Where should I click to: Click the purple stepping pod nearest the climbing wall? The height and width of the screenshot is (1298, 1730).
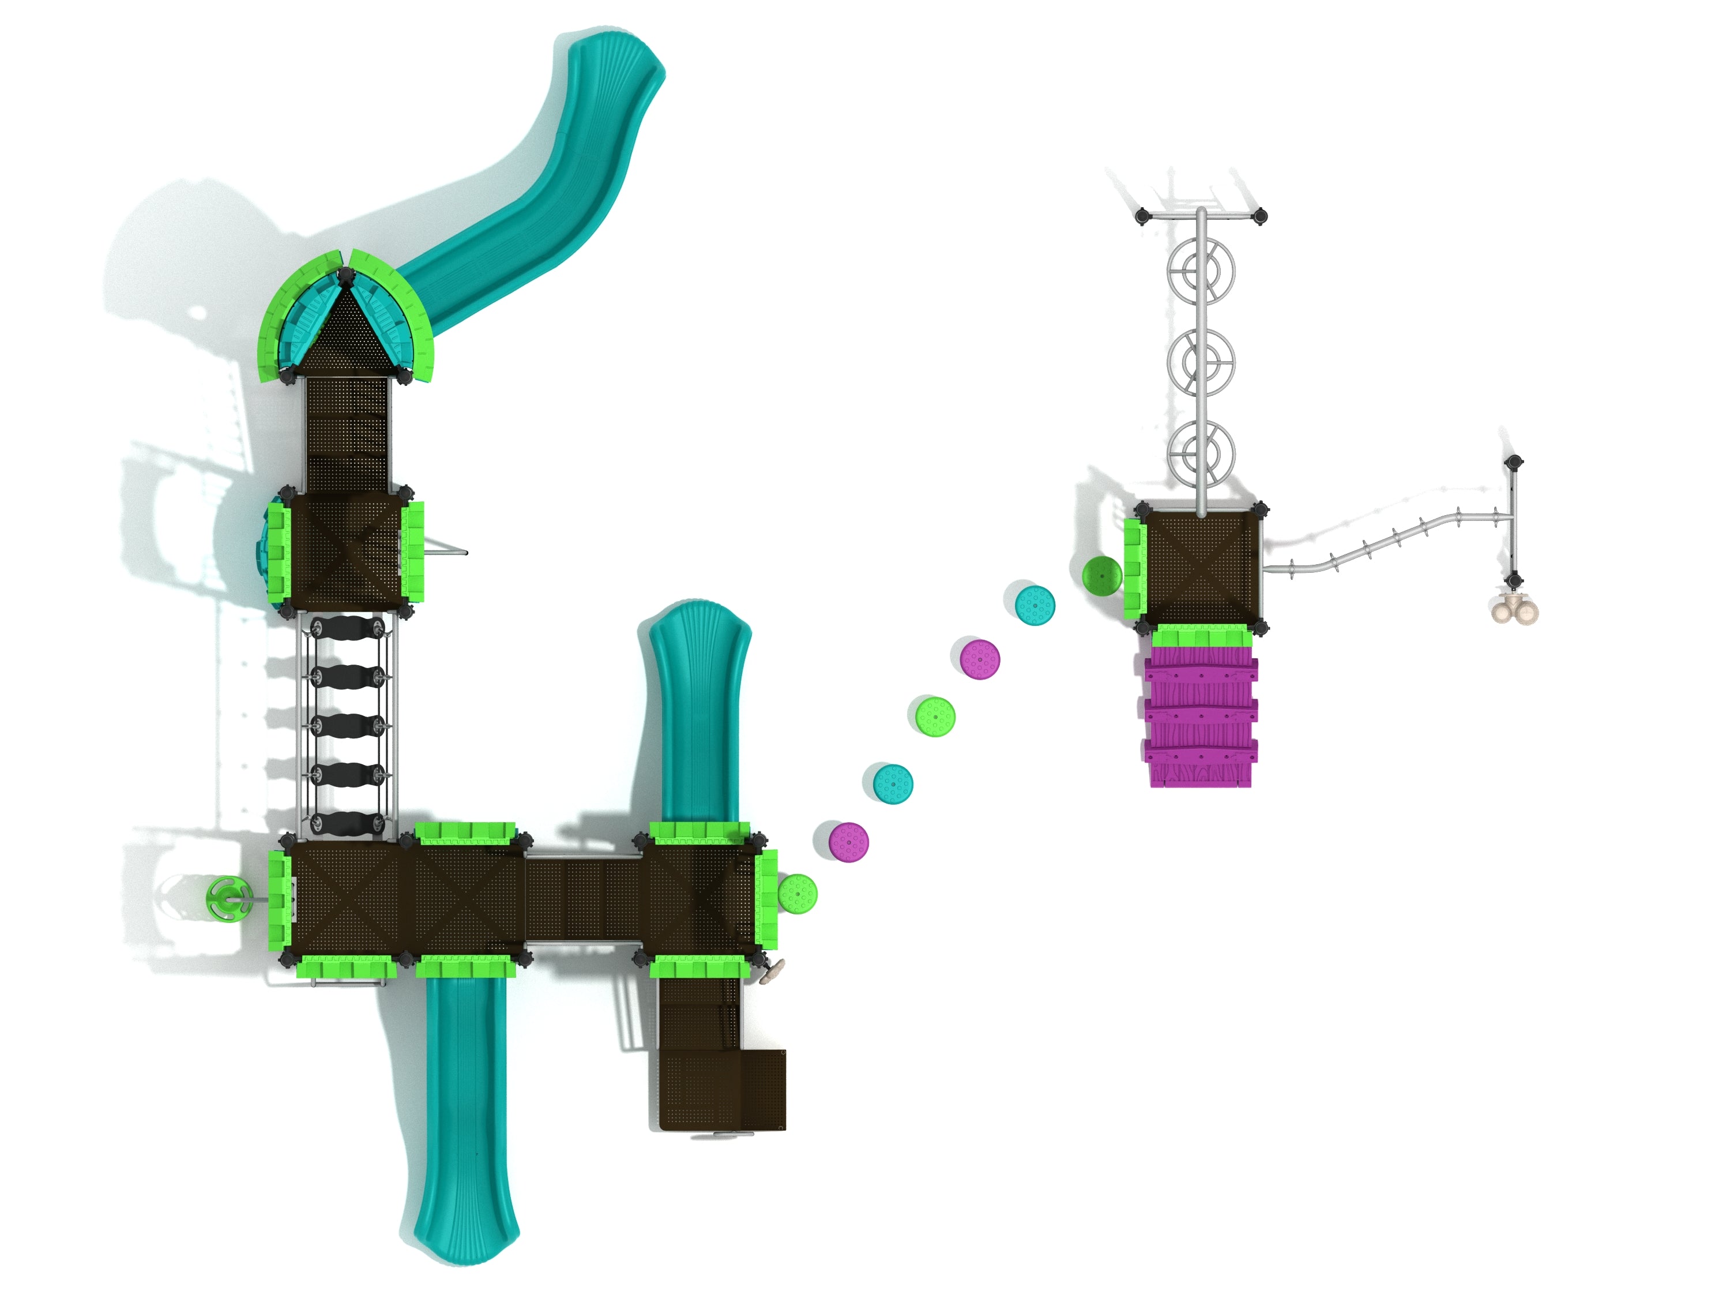[x=981, y=659]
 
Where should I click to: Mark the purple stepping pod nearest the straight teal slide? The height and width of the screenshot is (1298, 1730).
[x=849, y=842]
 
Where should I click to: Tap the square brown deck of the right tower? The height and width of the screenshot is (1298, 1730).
[x=1202, y=564]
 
